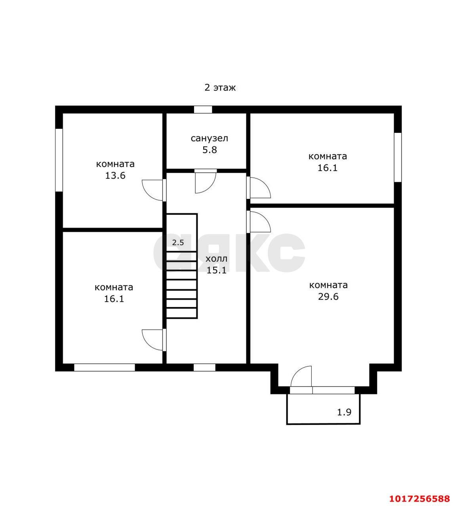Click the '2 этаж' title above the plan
pyautogui.click(x=220, y=88)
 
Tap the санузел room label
pyautogui.click(x=209, y=138)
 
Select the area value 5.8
pyautogui.click(x=210, y=150)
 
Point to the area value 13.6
pyautogui.click(x=115, y=175)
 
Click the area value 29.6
pyautogui.click(x=328, y=296)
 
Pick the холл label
pyautogui.click(x=217, y=259)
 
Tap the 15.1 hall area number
pyautogui.click(x=217, y=270)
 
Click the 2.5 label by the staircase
pyautogui.click(x=178, y=243)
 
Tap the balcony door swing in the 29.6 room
pyautogui.click(x=301, y=377)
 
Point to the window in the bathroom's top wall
pyautogui.click(x=203, y=110)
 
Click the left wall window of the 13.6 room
pyautogui.click(x=59, y=160)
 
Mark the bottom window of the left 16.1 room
pyautogui.click(x=105, y=368)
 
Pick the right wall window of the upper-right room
pyautogui.click(x=398, y=157)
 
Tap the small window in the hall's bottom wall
pyautogui.click(x=204, y=368)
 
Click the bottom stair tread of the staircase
pyautogui.click(x=181, y=313)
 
